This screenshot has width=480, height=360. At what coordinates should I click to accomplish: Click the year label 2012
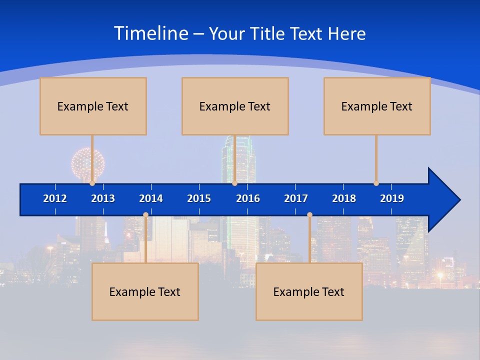55,198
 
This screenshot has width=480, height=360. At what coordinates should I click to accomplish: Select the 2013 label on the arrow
103,198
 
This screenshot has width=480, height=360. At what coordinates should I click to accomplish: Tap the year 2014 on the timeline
151,198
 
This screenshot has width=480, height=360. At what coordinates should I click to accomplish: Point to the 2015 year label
199,198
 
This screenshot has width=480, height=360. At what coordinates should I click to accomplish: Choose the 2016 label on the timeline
248,198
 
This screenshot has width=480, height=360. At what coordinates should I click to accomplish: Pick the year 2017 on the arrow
296,198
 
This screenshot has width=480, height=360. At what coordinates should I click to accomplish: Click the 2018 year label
344,198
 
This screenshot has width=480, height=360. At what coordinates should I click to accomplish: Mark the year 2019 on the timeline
392,198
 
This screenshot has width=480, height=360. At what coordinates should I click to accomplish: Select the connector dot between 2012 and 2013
92,183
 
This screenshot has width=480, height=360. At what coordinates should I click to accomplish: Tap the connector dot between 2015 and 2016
234,183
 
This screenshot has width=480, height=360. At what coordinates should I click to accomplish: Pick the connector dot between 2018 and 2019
376,183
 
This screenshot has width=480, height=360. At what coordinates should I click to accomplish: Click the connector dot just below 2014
145,215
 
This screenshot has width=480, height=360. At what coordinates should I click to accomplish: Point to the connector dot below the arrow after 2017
309,215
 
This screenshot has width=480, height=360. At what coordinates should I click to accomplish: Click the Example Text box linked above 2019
377,106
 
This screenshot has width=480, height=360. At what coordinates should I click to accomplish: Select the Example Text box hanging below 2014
145,291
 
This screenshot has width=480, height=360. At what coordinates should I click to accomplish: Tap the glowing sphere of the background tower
87,163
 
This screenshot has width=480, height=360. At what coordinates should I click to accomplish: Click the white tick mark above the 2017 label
295,187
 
